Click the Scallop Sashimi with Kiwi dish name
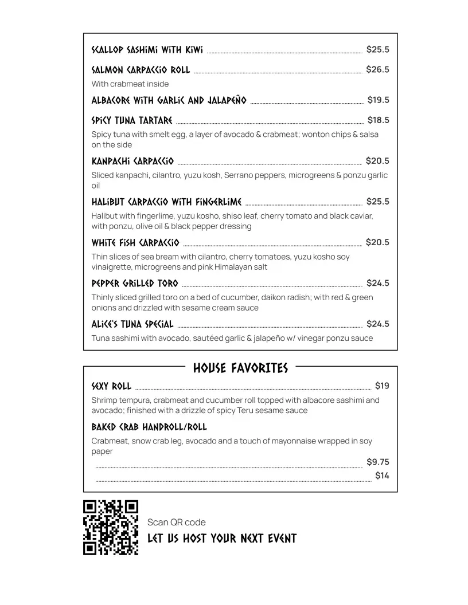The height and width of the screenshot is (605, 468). pyautogui.click(x=147, y=50)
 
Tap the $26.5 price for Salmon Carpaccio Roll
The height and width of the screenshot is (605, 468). pyautogui.click(x=377, y=70)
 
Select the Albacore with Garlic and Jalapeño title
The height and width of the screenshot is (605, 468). pyautogui.click(x=169, y=100)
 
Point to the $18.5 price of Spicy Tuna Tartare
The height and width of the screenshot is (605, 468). pyautogui.click(x=378, y=120)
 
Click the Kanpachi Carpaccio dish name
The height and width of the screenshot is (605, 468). pyautogui.click(x=132, y=161)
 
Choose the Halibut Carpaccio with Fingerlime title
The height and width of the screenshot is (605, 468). pyautogui.click(x=166, y=202)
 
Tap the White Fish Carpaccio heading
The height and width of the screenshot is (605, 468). pyautogui.click(x=135, y=242)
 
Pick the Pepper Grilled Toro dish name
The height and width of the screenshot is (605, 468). pyautogui.click(x=135, y=283)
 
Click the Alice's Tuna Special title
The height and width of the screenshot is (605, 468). pyautogui.click(x=132, y=324)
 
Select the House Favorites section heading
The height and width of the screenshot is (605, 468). pyautogui.click(x=240, y=368)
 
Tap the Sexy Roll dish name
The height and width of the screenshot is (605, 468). pyautogui.click(x=111, y=386)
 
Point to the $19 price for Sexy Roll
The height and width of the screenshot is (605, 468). pyautogui.click(x=382, y=386)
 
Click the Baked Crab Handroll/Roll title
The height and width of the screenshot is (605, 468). pyautogui.click(x=149, y=427)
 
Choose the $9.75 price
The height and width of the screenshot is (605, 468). pyautogui.click(x=377, y=462)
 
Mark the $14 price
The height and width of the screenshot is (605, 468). pyautogui.click(x=382, y=476)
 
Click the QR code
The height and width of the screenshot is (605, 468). pyautogui.click(x=111, y=528)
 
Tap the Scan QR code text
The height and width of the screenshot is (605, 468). pyautogui.click(x=176, y=522)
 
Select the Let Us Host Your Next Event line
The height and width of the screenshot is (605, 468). pyautogui.click(x=222, y=539)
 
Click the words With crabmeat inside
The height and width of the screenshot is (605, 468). pyautogui.click(x=130, y=84)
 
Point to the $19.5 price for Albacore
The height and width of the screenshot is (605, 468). pyautogui.click(x=378, y=100)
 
